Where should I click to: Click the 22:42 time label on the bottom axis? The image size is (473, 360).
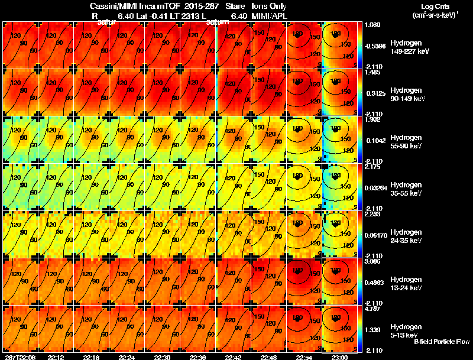(234, 357)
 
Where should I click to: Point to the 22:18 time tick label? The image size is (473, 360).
(127, 357)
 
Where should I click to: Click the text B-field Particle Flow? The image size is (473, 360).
(441, 342)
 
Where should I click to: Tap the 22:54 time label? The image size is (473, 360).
(304, 357)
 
